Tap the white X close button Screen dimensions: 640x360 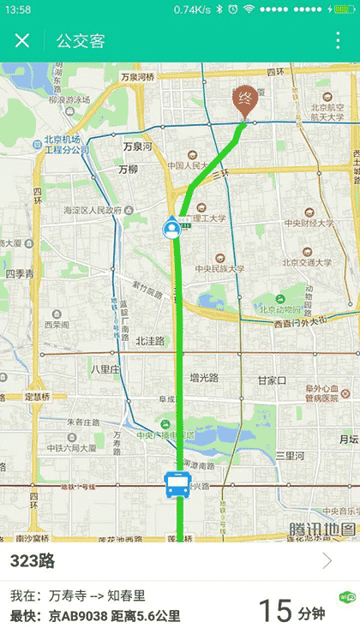[x=23, y=40]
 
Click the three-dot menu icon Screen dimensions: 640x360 [x=338, y=40]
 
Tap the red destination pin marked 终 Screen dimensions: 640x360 [x=245, y=102]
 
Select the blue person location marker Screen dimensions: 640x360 [x=173, y=228]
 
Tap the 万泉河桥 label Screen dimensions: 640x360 [x=137, y=77]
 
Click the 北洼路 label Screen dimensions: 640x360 [x=149, y=340]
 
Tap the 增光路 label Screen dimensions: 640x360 [x=204, y=376]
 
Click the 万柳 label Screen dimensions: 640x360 [x=129, y=169]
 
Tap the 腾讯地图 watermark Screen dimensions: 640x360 [x=321, y=529]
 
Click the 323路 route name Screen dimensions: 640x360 [x=33, y=561]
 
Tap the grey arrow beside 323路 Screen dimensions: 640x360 [x=327, y=561]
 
